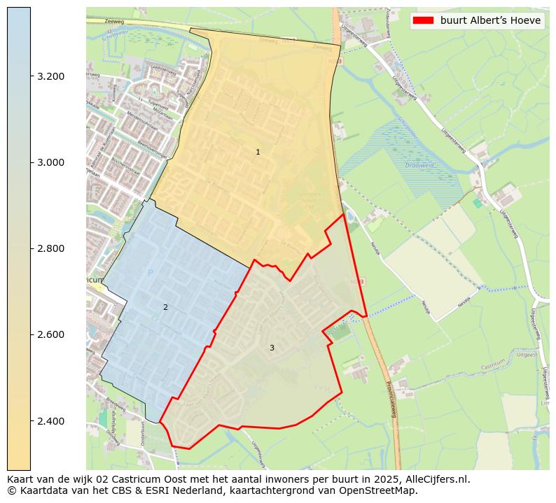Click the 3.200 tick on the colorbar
click(x=50, y=76)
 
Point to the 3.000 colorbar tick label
click(x=50, y=162)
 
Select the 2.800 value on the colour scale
click(x=50, y=248)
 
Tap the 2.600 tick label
click(x=50, y=334)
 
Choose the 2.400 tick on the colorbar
click(x=50, y=421)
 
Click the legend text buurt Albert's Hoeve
click(x=490, y=20)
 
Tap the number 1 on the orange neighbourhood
click(x=258, y=152)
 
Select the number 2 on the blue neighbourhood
click(x=165, y=307)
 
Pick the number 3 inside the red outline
click(x=272, y=348)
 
